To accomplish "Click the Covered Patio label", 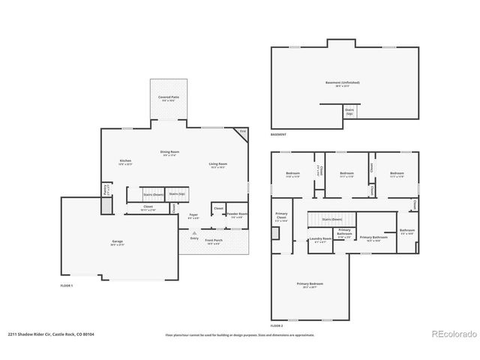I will click(x=169, y=97).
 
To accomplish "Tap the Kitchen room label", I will click(x=125, y=161).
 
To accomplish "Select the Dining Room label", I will click(x=169, y=152).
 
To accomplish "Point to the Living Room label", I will click(x=218, y=163).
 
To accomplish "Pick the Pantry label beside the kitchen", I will click(x=105, y=190).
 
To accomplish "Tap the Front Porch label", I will click(x=213, y=241).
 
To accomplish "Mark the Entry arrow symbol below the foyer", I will click(x=193, y=233).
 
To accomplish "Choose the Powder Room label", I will click(x=237, y=214).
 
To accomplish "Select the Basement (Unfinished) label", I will click(x=342, y=82).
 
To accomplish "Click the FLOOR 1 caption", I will click(x=66, y=285).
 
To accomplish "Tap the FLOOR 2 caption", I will click(x=277, y=325).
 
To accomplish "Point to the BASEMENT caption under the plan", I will click(x=277, y=133).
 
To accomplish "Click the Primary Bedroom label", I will click(x=310, y=283).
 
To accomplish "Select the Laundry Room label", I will click(x=319, y=240).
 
